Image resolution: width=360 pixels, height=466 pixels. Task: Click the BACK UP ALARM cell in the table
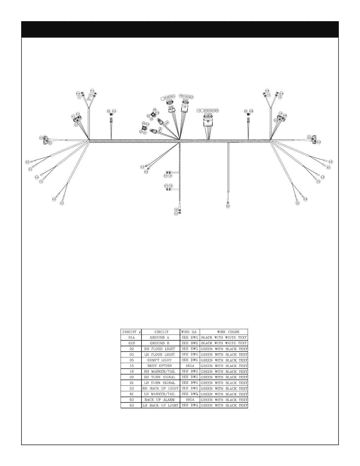160,400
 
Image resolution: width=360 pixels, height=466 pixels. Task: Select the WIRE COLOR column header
224,332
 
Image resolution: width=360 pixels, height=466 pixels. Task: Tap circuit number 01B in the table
131,343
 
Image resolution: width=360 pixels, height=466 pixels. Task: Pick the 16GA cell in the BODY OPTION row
190,366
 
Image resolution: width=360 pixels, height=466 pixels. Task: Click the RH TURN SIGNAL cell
160,377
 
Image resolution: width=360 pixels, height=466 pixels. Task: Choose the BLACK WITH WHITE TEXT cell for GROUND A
224,338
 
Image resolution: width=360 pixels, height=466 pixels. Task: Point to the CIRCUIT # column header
131,332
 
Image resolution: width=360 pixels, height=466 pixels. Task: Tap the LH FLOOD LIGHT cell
160,355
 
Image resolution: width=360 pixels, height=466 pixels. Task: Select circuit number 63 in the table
131,405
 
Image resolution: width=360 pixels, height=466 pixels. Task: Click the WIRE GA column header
190,332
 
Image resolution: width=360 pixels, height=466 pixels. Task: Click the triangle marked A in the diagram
89,99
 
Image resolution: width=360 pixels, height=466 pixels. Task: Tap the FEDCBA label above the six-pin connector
208,114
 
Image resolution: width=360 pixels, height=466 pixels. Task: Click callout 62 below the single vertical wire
228,206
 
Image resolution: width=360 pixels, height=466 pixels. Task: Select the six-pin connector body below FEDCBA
208,122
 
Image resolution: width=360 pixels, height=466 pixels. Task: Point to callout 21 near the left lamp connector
76,125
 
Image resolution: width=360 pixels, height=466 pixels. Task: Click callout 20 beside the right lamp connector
275,120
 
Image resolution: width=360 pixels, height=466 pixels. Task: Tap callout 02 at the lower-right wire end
298,203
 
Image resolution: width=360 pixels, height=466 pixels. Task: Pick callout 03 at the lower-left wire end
62,203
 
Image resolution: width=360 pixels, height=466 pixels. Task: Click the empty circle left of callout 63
162,99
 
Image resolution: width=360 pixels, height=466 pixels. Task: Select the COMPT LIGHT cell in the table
160,360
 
